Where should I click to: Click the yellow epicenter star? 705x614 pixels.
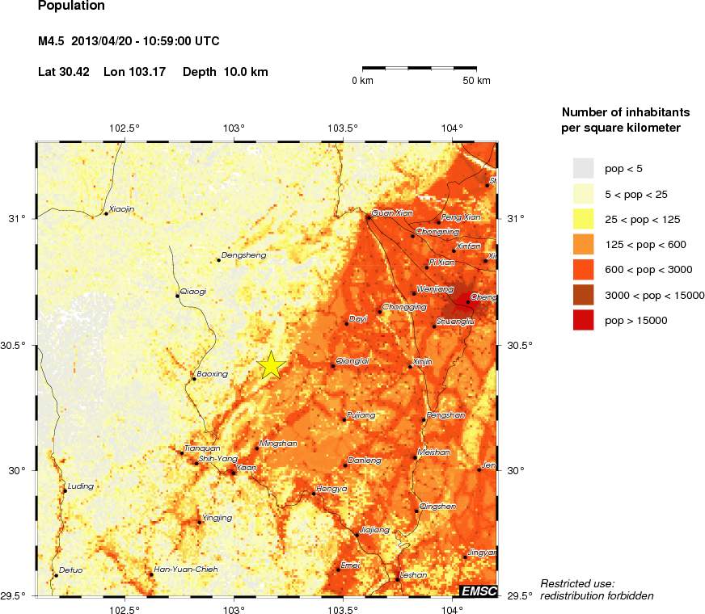pyautogui.click(x=271, y=365)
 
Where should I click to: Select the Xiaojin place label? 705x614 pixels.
pyautogui.click(x=121, y=209)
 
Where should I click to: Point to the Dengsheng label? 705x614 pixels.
pyautogui.click(x=243, y=255)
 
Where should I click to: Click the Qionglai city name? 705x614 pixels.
pyautogui.click(x=352, y=361)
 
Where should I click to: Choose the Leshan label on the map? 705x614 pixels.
pyautogui.click(x=413, y=575)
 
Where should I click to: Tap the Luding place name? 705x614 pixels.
pyautogui.click(x=81, y=486)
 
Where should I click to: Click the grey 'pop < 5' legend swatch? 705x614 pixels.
pyautogui.click(x=584, y=168)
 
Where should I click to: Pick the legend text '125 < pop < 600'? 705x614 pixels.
pyautogui.click(x=645, y=244)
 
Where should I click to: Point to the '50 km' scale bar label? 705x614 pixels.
pyautogui.click(x=476, y=81)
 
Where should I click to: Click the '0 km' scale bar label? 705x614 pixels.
pyautogui.click(x=361, y=81)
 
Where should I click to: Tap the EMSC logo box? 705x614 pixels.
pyautogui.click(x=478, y=590)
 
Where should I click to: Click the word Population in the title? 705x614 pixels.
pyautogui.click(x=71, y=6)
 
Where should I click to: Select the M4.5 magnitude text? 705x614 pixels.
pyautogui.click(x=54, y=41)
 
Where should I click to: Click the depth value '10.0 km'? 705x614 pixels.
pyautogui.click(x=243, y=72)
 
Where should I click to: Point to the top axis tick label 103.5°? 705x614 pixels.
pyautogui.click(x=343, y=128)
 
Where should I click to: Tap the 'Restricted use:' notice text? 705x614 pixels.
pyautogui.click(x=577, y=583)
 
